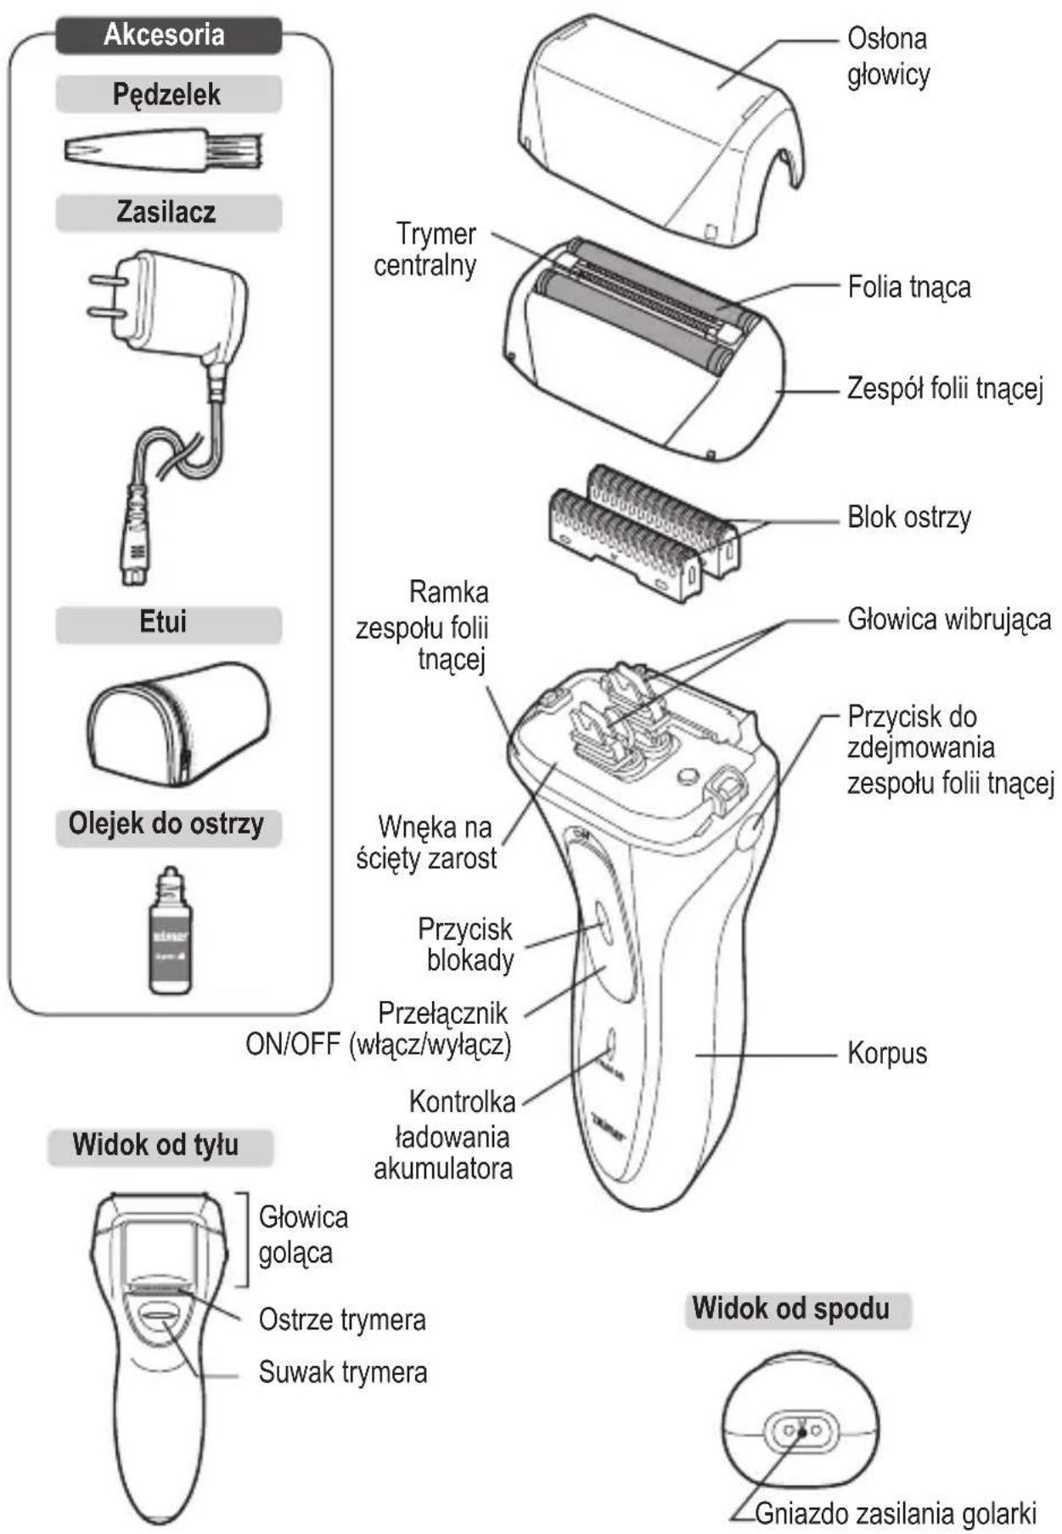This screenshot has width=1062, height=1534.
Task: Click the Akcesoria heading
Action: click(x=164, y=35)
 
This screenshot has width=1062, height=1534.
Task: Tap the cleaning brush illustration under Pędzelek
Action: click(x=163, y=150)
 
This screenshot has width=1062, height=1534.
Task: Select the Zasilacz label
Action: click(x=166, y=211)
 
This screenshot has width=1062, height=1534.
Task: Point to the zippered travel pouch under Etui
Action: click(x=179, y=723)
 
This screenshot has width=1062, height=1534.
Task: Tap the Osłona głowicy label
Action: click(x=888, y=56)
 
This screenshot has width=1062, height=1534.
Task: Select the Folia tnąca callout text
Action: click(x=909, y=287)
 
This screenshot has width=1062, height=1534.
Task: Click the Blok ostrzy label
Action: click(x=909, y=517)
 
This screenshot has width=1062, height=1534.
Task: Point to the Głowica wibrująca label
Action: click(x=949, y=619)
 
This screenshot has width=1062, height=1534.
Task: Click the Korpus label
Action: click(x=887, y=1054)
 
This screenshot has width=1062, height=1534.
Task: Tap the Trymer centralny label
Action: click(x=425, y=250)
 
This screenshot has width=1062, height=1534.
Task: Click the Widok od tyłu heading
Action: click(x=155, y=1145)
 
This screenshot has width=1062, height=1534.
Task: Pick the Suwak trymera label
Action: click(x=343, y=1373)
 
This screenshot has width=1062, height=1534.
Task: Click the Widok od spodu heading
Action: click(x=791, y=1308)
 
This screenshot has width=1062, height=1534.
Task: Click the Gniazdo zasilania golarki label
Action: click(x=896, y=1514)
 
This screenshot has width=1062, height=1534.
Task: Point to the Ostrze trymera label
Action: click(x=342, y=1320)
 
